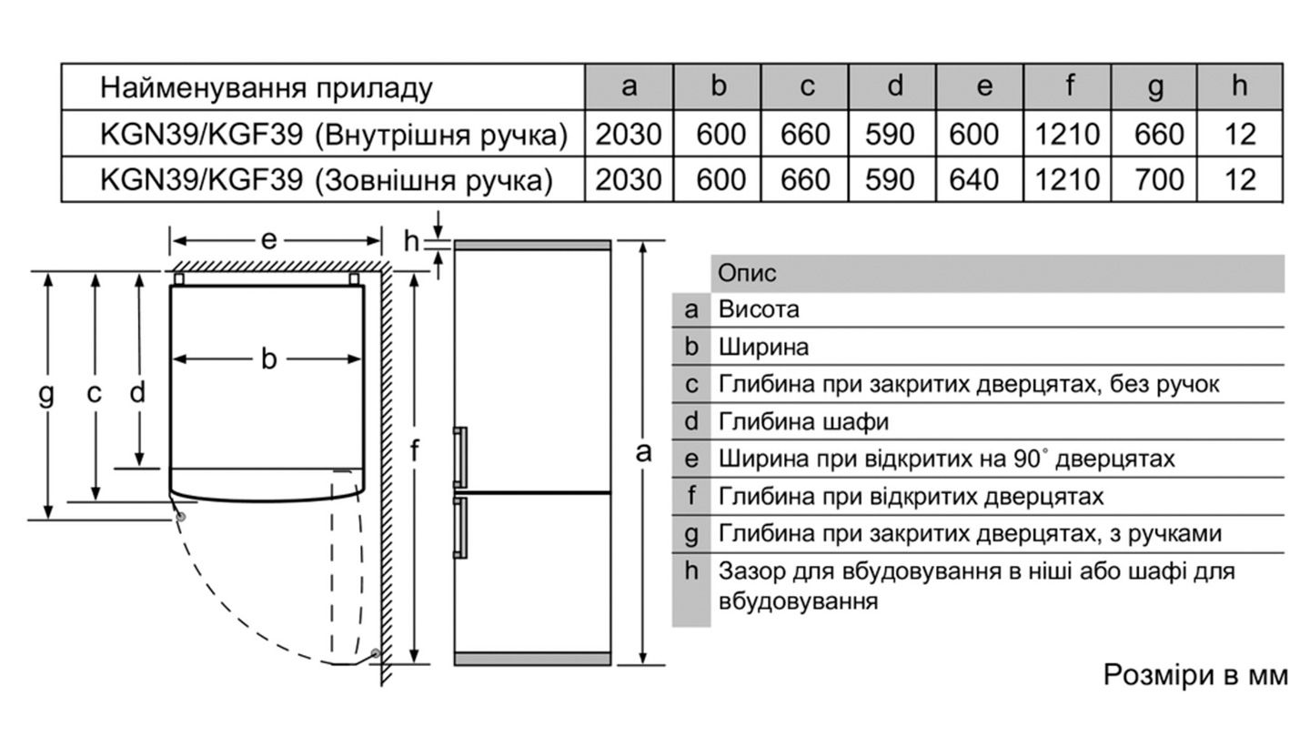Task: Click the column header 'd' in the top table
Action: tap(894, 87)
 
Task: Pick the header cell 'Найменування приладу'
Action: tap(266, 87)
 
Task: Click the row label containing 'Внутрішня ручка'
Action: tap(333, 135)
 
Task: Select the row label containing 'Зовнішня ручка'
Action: tap(326, 180)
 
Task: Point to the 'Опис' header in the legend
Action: tap(747, 273)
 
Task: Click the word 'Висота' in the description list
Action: tap(759, 309)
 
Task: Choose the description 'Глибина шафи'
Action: tap(802, 421)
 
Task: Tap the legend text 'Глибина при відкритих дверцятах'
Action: tap(910, 497)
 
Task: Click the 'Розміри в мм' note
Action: tap(1195, 675)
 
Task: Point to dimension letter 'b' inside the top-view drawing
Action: tap(268, 359)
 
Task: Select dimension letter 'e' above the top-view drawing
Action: tap(268, 240)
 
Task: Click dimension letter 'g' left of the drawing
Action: tap(46, 394)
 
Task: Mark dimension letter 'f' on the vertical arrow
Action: tap(414, 450)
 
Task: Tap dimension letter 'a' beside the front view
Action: tap(644, 451)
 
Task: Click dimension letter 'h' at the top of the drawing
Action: tap(411, 241)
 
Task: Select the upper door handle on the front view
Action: tap(461, 456)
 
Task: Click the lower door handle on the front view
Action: tap(461, 526)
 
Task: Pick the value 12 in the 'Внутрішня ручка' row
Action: tap(1240, 135)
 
